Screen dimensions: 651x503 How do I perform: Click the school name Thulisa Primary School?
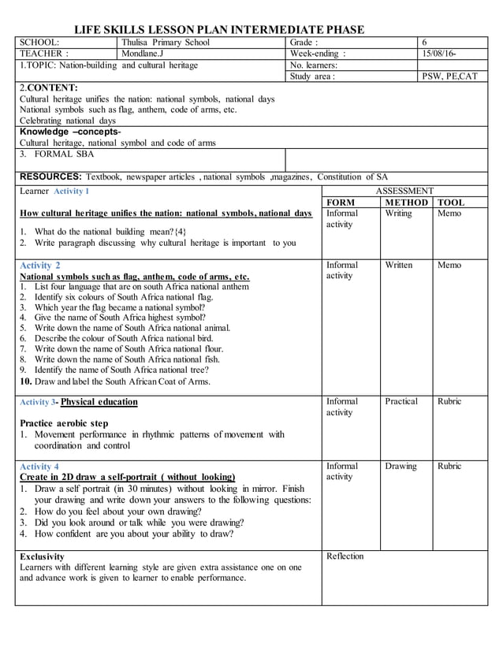(166, 43)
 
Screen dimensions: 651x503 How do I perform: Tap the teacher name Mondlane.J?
(143, 54)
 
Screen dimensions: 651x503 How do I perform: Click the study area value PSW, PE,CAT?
(449, 76)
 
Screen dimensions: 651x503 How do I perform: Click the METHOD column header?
(406, 203)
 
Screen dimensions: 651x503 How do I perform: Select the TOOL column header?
(451, 203)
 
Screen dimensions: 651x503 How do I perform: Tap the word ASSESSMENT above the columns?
(404, 192)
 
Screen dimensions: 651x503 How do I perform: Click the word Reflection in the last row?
(345, 556)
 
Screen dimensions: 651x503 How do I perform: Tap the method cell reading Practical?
(401, 401)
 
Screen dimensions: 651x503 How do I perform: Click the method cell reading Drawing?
(401, 466)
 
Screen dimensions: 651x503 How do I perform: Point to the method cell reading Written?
(400, 266)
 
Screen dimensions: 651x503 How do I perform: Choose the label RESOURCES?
(51, 177)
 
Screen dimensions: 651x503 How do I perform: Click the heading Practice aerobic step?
(64, 423)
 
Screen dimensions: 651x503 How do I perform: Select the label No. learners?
(314, 65)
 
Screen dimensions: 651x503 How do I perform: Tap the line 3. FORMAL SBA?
(52, 154)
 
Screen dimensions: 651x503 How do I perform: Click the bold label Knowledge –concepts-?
(70, 132)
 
